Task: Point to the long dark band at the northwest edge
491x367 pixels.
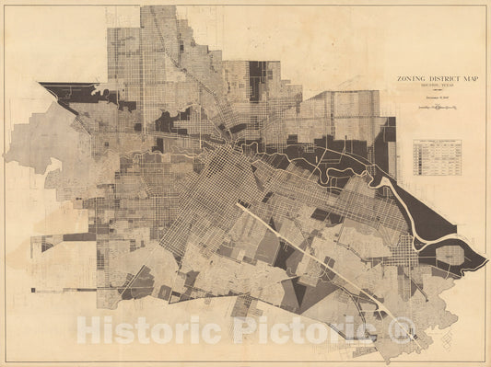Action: coord(69,92)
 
